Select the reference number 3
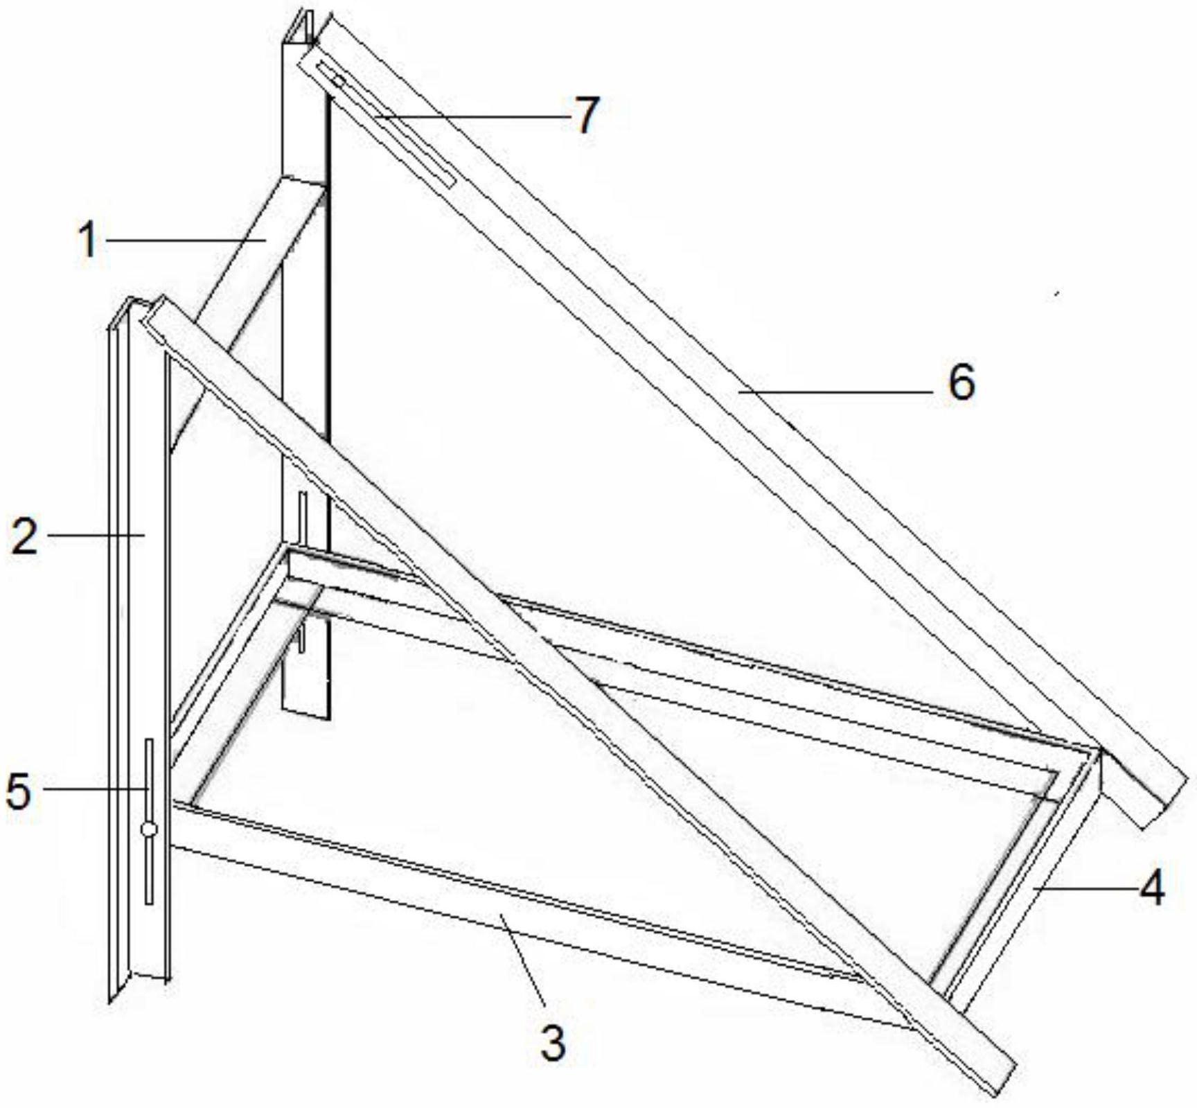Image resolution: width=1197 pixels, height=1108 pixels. (x=553, y=1043)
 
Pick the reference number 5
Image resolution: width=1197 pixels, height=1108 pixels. (x=19, y=791)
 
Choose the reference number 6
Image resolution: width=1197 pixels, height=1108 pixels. (x=961, y=382)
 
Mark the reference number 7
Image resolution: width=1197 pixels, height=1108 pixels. (x=586, y=115)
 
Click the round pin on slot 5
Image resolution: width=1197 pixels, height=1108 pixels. (x=148, y=829)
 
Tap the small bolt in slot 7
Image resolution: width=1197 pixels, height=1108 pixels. (x=338, y=81)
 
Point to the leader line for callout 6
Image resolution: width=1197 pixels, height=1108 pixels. (x=835, y=392)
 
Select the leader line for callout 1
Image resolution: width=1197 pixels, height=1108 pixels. (x=186, y=240)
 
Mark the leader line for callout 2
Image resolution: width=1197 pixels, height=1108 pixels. (x=95, y=534)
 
